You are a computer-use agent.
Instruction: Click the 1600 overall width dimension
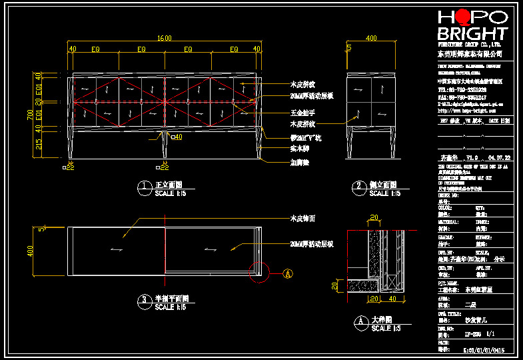164,38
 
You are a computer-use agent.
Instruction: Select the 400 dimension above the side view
370,38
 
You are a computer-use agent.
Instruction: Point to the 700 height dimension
30,115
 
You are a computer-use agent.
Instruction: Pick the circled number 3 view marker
143,303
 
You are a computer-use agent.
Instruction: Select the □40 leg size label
176,137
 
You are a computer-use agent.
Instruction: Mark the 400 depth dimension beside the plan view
30,251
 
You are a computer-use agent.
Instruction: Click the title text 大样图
381,320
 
